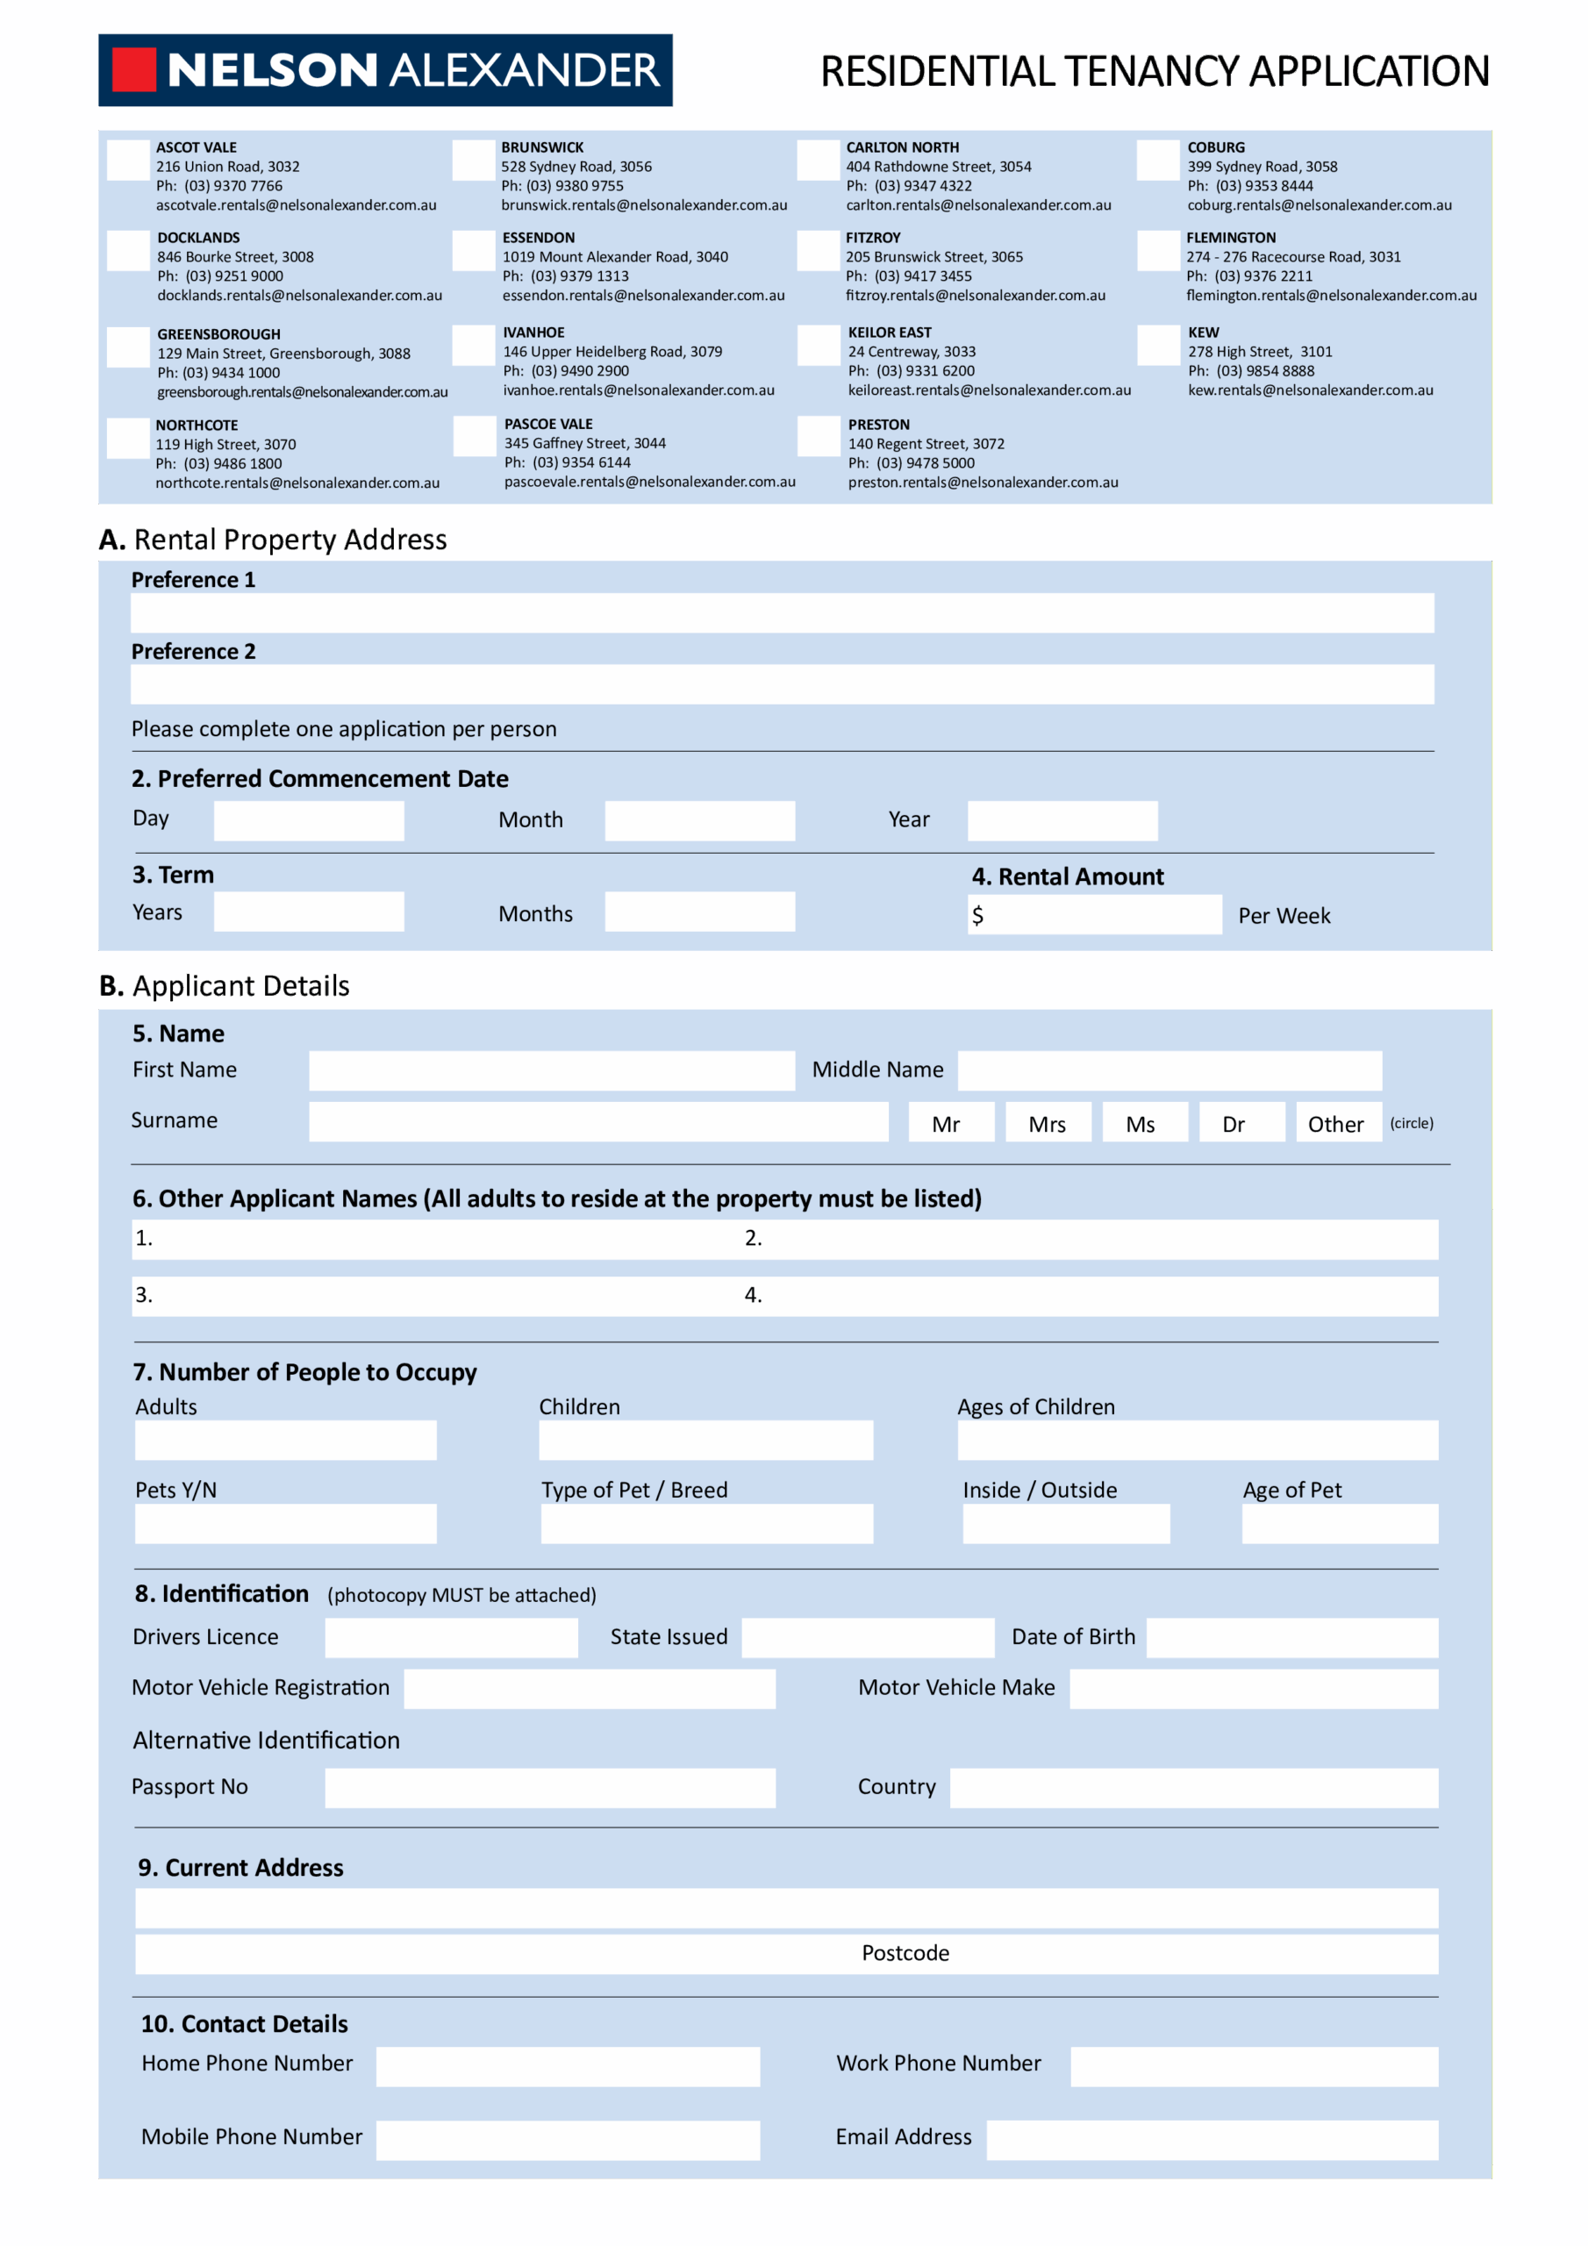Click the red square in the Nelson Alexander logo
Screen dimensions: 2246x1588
[x=134, y=69]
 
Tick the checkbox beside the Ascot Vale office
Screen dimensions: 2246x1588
[x=128, y=161]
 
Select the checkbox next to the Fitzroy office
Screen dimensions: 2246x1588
[x=818, y=250]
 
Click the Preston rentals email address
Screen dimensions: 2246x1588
[x=983, y=483]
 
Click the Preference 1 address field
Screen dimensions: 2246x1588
[x=782, y=613]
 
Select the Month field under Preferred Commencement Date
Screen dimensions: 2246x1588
[x=699, y=820]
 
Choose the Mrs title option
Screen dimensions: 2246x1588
[x=1047, y=1123]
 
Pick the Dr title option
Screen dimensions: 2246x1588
[x=1233, y=1123]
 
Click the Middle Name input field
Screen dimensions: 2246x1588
[x=1170, y=1070]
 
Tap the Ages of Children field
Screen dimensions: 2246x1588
[x=1197, y=1440]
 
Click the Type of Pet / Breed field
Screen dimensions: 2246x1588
[x=706, y=1524]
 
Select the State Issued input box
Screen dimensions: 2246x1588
[x=867, y=1637]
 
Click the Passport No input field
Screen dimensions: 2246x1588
[x=550, y=1787]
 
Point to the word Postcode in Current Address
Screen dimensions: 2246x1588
[x=905, y=1954]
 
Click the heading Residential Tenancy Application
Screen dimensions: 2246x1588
[x=1155, y=70]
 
